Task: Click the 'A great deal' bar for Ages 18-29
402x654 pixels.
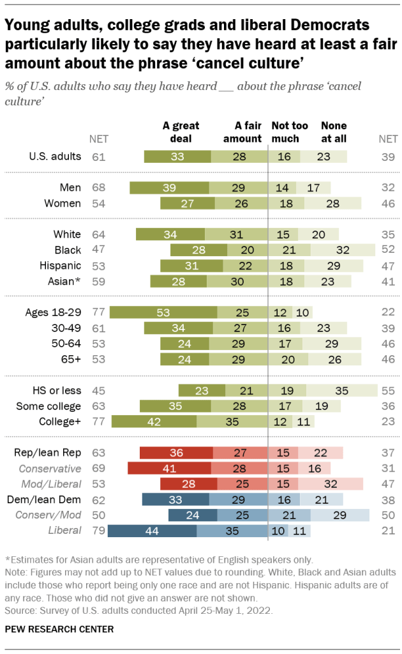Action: pos(163,312)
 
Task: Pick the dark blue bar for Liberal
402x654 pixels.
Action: pos(153,530)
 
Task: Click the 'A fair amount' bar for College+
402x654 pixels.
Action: pos(232,421)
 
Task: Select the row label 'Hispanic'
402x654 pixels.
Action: pos(63,265)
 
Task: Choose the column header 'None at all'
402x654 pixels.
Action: pos(334,132)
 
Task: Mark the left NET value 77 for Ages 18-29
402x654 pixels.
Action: pos(98,312)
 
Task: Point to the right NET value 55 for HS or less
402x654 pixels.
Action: pos(387,390)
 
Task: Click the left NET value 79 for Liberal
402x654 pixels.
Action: pos(98,530)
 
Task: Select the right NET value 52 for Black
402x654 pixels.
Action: pos(387,249)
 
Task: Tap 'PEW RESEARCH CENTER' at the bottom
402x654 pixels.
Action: pos(60,629)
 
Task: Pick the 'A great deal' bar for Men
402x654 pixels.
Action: pos(169,188)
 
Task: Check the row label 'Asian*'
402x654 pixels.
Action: pos(66,280)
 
